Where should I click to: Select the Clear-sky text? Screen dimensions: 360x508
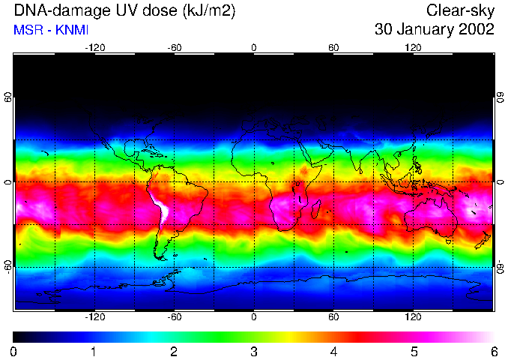pos(460,10)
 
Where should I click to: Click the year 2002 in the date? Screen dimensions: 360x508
pos(476,30)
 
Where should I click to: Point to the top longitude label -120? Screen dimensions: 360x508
pos(94,48)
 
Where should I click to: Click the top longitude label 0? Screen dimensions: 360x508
pos(254,48)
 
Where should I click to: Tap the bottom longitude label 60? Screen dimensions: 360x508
pos(333,317)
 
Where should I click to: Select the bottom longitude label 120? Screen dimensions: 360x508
pos(413,317)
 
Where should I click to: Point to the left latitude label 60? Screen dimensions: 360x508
pos(8,97)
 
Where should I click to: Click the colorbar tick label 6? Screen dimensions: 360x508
pos(494,351)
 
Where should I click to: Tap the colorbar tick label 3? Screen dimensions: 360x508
pos(254,351)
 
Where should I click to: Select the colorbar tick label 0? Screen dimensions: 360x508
pos(14,351)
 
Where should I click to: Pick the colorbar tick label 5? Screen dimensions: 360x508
pos(414,351)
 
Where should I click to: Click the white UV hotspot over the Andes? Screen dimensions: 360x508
pos(160,208)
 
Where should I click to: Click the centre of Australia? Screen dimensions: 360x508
pos(431,216)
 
